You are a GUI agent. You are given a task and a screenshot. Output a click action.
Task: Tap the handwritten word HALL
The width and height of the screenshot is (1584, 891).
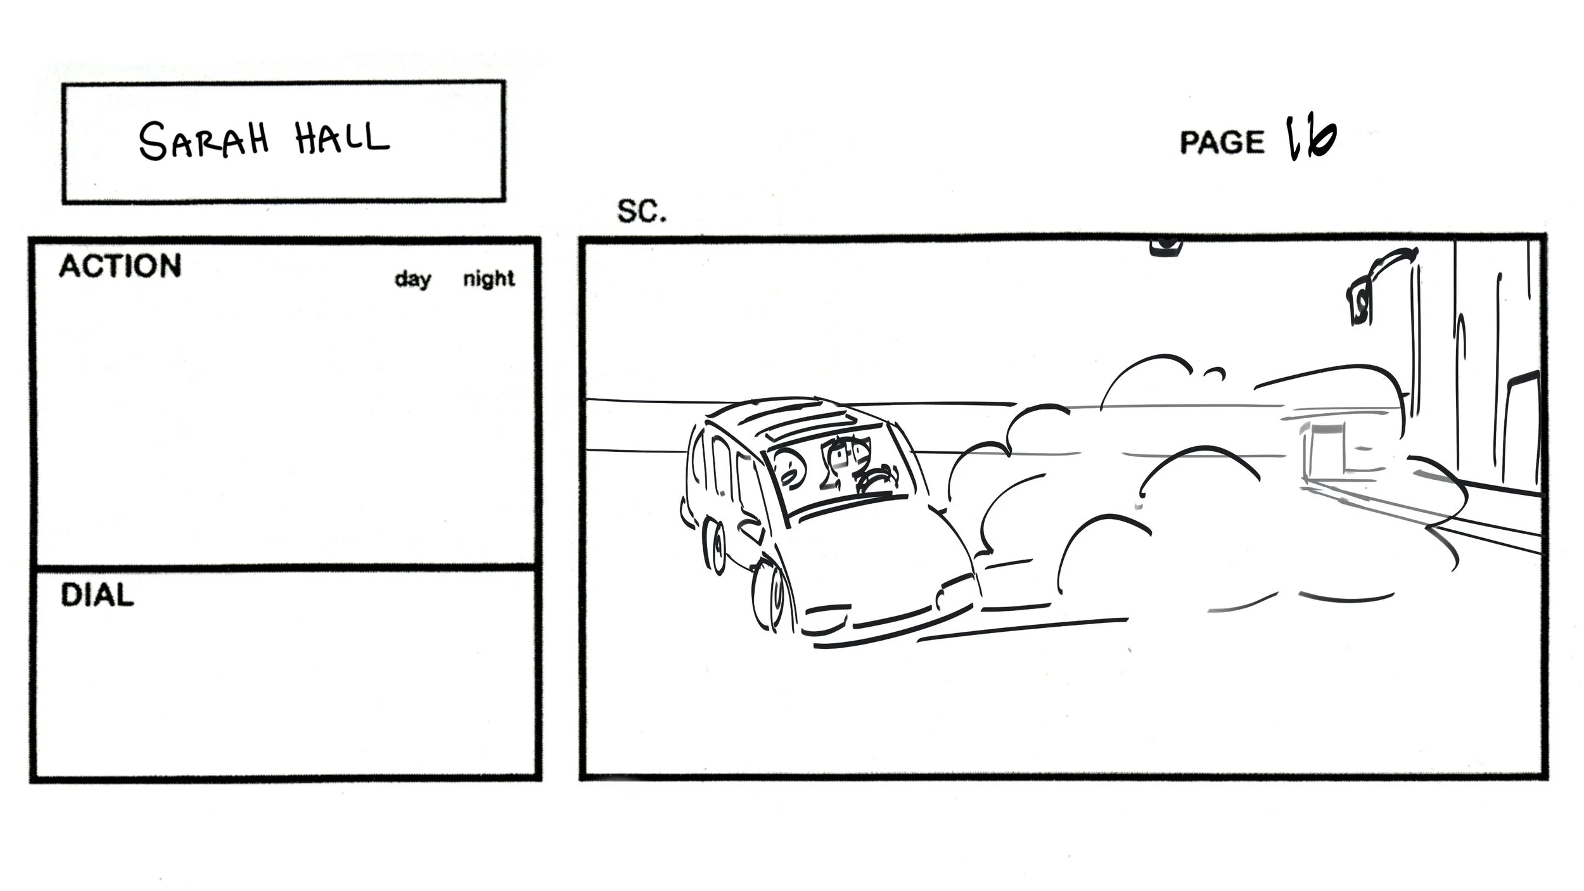[342, 138]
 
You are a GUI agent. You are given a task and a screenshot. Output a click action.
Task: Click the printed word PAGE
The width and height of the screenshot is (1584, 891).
[1221, 142]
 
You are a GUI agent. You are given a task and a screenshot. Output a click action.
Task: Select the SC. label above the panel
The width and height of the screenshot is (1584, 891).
[641, 212]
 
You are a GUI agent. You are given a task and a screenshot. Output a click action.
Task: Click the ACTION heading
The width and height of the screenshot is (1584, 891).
[120, 266]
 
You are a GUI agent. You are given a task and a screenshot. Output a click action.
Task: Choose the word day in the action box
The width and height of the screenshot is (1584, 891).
[412, 279]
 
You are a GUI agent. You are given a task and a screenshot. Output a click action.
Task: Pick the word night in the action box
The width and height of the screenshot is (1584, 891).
[489, 278]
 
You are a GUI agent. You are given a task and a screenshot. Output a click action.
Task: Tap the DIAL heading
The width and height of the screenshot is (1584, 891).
[97, 595]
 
